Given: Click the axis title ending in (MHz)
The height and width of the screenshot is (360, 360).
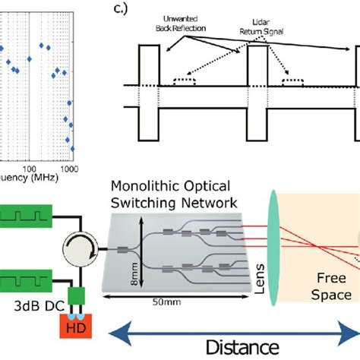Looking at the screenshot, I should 30,179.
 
